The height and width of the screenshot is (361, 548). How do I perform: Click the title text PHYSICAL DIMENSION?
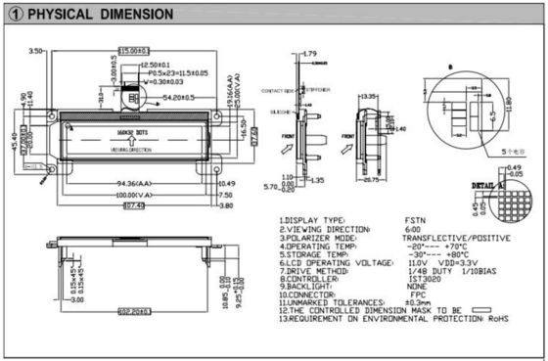pyautogui.click(x=102, y=15)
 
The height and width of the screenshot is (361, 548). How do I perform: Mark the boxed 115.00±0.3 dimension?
pyautogui.click(x=136, y=50)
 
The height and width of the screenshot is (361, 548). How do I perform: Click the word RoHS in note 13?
pyautogui.click(x=499, y=319)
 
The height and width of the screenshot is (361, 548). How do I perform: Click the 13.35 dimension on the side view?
pyautogui.click(x=370, y=98)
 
